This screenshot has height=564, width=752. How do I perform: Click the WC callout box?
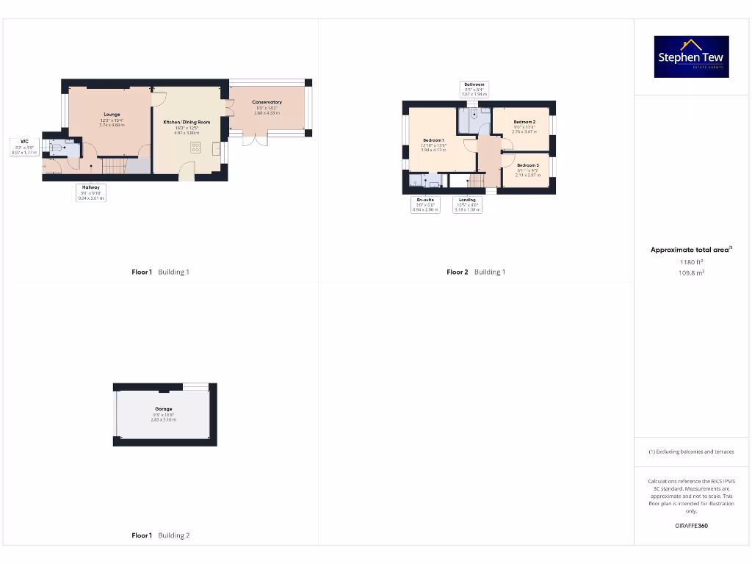[x=24, y=146]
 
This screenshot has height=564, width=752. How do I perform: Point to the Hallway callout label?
[x=91, y=192]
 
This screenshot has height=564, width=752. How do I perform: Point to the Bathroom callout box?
[x=474, y=89]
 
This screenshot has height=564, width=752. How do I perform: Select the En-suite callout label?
[x=424, y=205]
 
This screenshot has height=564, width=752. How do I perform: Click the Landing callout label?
[x=467, y=205]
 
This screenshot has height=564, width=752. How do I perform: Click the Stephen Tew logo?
[x=691, y=57]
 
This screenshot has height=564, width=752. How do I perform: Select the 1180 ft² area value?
[x=691, y=261]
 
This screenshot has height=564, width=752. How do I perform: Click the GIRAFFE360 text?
[x=691, y=526]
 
